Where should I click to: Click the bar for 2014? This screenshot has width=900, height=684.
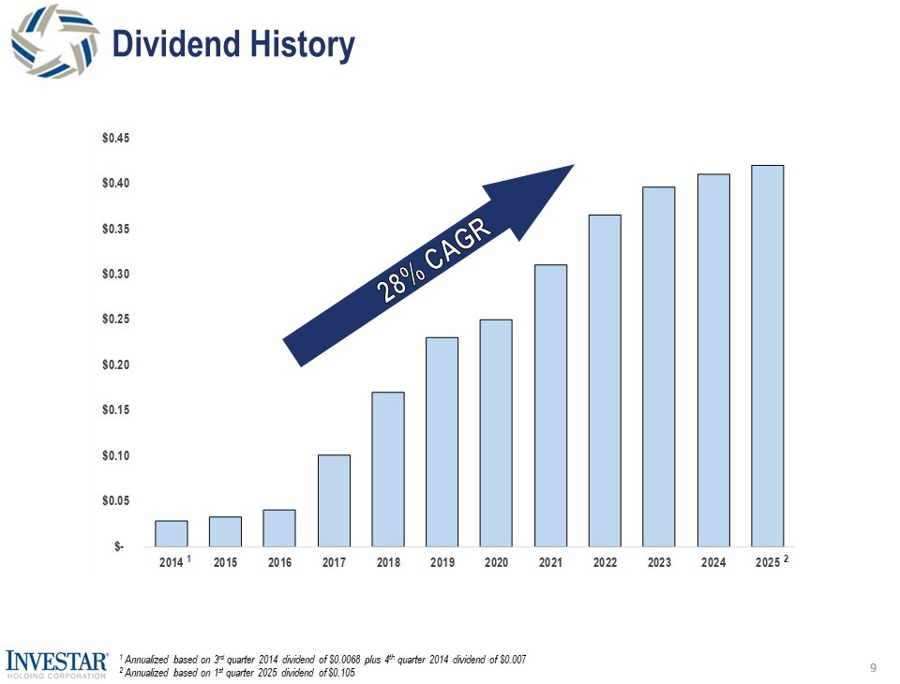172,533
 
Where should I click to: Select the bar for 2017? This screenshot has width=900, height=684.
334,500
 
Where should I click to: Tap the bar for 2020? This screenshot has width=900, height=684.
496,433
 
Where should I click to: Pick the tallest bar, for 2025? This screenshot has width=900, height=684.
767,356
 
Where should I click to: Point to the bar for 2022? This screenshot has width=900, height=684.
605,380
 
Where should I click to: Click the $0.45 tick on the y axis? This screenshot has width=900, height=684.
116,139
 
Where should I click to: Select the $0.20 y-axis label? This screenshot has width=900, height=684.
116,364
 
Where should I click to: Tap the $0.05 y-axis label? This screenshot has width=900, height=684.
116,501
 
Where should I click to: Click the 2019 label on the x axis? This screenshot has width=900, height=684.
442,563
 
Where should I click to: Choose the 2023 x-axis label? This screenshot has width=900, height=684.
658,563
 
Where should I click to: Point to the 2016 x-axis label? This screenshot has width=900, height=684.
279,563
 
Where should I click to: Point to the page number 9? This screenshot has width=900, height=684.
873,667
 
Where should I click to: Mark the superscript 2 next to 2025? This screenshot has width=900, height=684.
787,558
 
